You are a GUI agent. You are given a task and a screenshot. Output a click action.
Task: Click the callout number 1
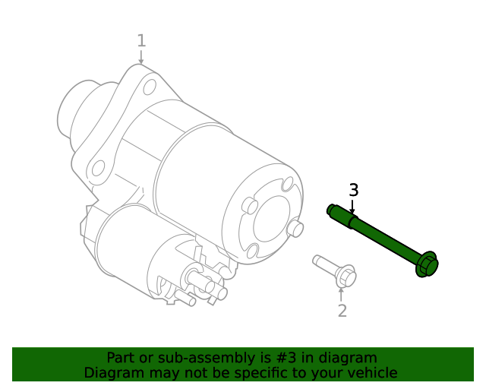click(140, 40)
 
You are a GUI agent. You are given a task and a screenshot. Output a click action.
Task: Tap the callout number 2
click(342, 310)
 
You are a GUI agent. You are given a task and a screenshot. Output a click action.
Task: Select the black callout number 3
click(353, 190)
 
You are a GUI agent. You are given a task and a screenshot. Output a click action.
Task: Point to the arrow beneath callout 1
click(140, 57)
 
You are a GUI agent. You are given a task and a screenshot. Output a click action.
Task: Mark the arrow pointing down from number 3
click(352, 207)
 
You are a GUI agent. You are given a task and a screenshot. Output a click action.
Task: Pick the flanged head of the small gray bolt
click(345, 275)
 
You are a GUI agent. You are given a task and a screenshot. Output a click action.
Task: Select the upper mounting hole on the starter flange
click(150, 86)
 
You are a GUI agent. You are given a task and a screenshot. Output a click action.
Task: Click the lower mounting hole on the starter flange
click(97, 169)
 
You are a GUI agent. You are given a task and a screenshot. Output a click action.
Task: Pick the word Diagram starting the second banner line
click(112, 373)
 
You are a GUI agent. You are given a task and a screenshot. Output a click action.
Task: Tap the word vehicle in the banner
click(372, 373)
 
